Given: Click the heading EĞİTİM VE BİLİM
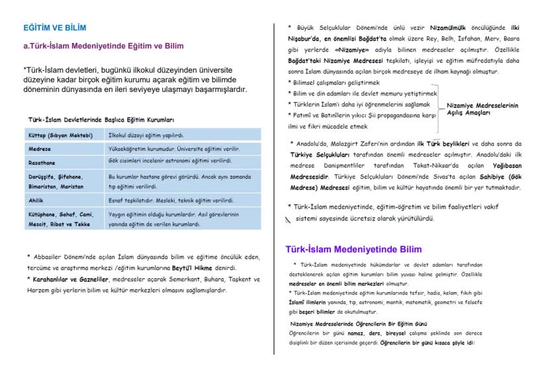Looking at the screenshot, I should (54, 28).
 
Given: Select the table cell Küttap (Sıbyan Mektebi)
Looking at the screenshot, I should (61, 135).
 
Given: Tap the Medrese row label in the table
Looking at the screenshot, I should (39, 149).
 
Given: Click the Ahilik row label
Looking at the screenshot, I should (37, 199).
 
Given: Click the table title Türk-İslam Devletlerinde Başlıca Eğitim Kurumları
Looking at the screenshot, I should (101, 120).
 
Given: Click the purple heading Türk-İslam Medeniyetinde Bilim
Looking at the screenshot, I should (353, 250).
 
